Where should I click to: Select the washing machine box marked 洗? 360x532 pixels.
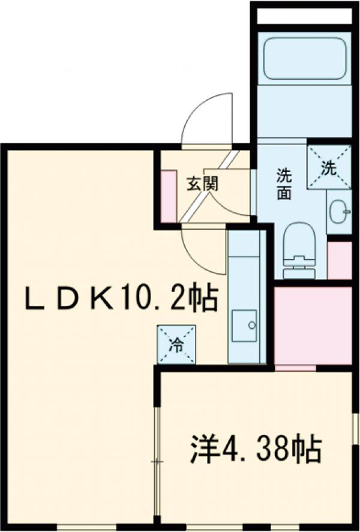[328, 166]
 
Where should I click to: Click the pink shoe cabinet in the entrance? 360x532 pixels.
[168, 195]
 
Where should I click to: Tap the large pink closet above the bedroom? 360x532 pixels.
[313, 324]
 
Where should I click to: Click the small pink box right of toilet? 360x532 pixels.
[340, 260]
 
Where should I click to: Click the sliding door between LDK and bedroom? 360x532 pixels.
[157, 462]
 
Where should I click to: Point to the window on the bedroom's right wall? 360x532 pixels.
[355, 429]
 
